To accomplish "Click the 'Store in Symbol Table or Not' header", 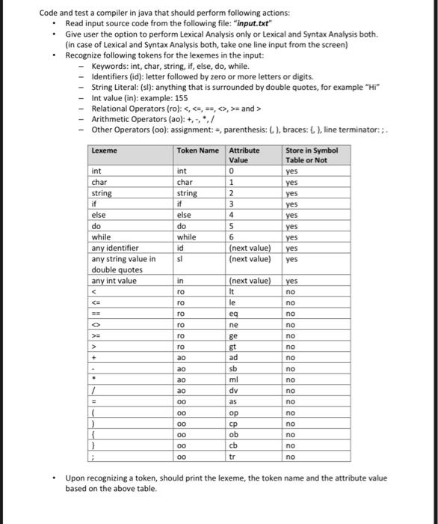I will pos(312,155).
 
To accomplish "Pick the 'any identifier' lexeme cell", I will pos(114,248).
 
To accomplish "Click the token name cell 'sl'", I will pos(179,259).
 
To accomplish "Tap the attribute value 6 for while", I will pos(232,237).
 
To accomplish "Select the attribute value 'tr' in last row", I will pos(233,456).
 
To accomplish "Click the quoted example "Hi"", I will pos(363,87).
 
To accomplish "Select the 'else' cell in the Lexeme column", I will pos(99,215).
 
